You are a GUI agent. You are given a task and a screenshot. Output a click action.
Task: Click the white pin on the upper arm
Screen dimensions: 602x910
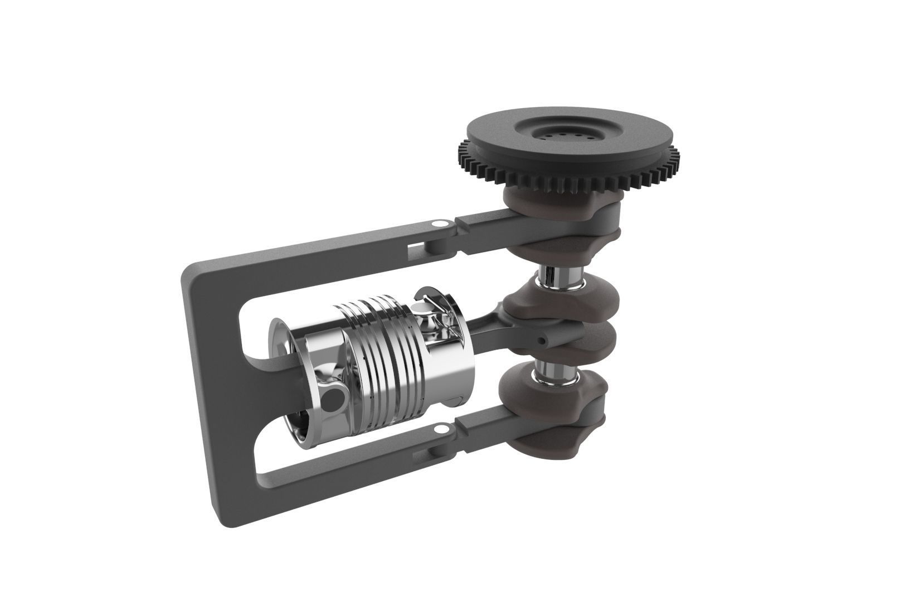(x=438, y=223)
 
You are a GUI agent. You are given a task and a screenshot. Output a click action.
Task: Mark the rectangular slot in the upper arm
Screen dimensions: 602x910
(x=415, y=246)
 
